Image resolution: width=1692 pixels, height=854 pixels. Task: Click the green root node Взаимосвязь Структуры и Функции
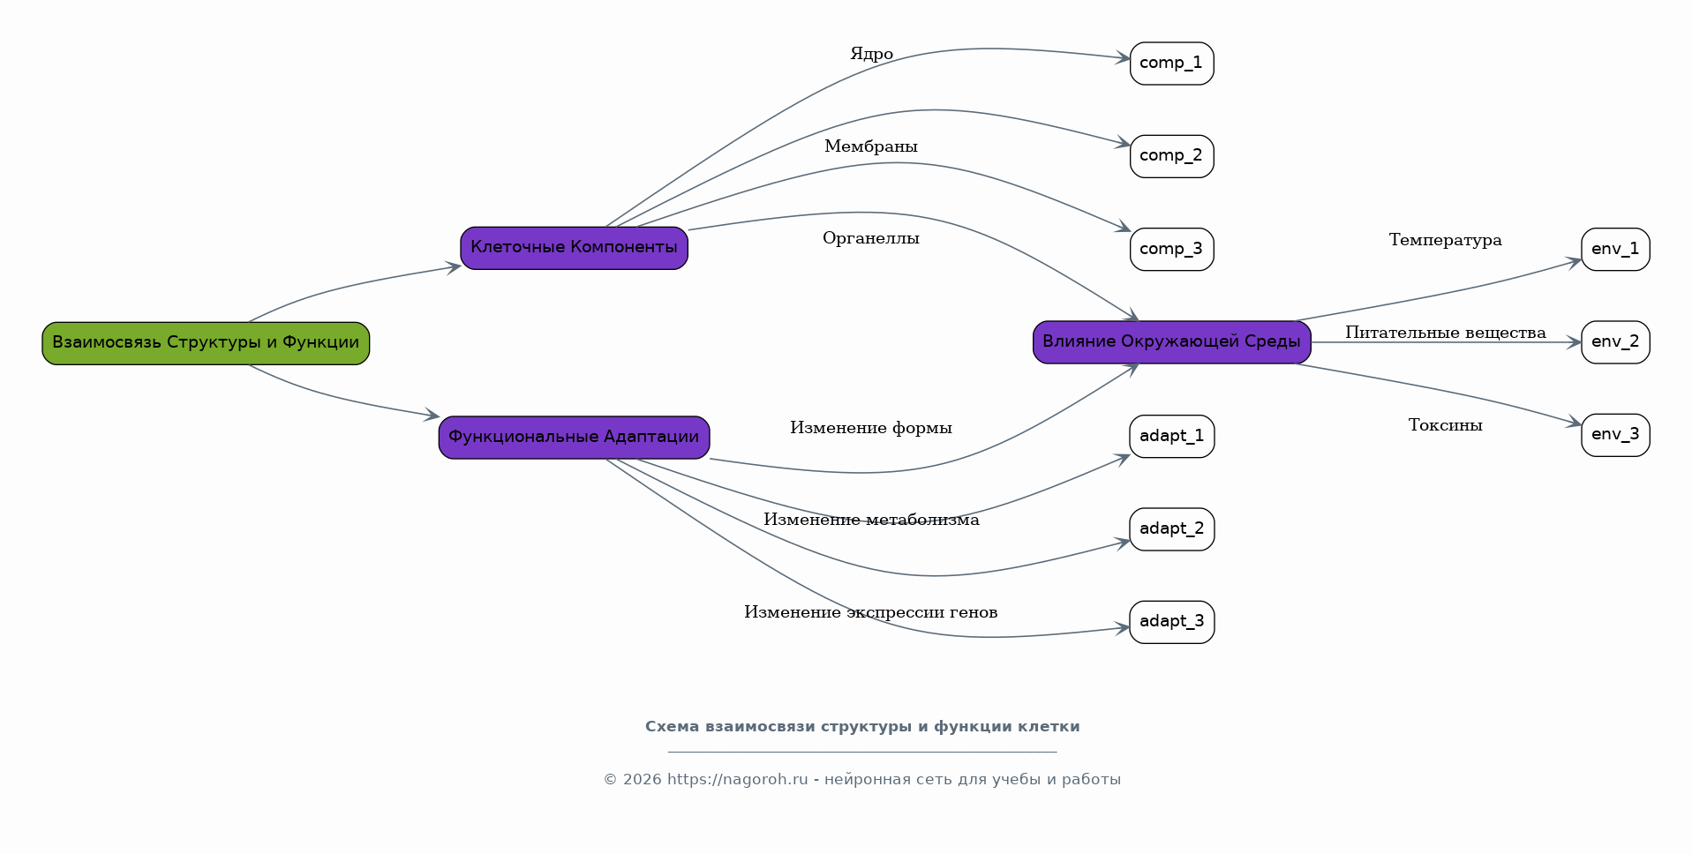click(206, 343)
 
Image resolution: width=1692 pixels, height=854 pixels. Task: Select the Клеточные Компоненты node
click(574, 248)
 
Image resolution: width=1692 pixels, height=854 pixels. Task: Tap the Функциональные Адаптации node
click(574, 438)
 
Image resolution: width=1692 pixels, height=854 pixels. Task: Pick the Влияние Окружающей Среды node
click(1171, 342)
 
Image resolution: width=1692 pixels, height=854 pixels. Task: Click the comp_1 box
click(1171, 64)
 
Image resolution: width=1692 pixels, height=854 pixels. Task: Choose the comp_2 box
click(1171, 156)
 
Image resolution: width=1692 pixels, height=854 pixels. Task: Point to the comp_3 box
click(1171, 250)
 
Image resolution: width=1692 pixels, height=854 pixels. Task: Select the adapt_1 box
click(1171, 437)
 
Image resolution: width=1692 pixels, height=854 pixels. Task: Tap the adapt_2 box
click(1171, 529)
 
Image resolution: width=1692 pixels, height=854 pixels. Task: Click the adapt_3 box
click(1171, 622)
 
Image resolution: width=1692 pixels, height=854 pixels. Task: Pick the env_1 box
click(1615, 250)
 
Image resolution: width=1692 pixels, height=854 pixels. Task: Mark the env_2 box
click(1615, 342)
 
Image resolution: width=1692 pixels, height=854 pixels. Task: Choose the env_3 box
click(1615, 435)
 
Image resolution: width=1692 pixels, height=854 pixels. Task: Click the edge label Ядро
click(871, 55)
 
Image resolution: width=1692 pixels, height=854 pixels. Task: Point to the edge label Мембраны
click(871, 146)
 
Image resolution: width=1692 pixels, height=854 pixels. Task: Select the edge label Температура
click(1445, 240)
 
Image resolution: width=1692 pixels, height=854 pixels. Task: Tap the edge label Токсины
click(1445, 425)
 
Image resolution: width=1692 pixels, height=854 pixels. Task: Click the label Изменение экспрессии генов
click(870, 612)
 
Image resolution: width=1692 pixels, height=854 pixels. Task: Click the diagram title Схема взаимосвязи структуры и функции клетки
click(862, 727)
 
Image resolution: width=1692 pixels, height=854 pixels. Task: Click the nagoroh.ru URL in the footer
click(738, 780)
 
